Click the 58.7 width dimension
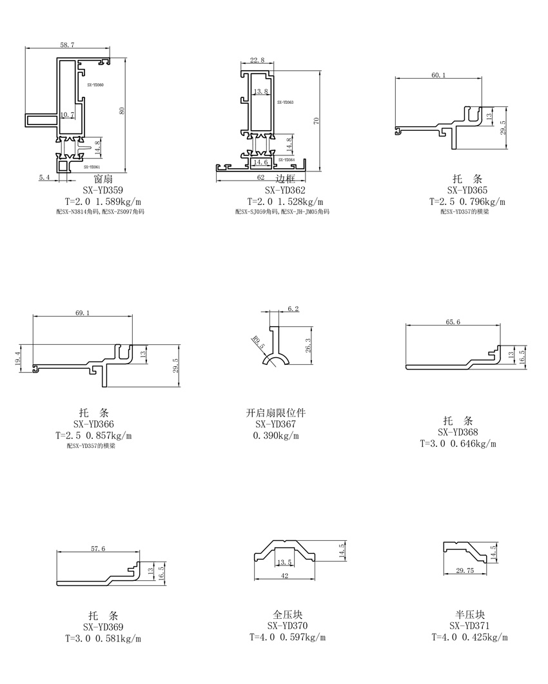pos(67,45)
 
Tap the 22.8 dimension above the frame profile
pos(257,60)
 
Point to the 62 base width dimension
pos(260,177)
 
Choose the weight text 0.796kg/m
pos(482,201)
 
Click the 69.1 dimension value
pos(83,313)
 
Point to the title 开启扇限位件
pos(275,413)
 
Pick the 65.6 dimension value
pos(453,322)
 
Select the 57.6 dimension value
pos(98,548)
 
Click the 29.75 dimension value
pos(465,571)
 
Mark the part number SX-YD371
pos(469,626)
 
